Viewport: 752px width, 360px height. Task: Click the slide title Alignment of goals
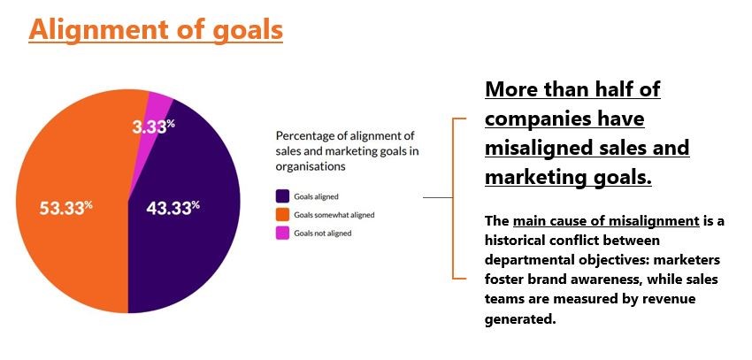click(156, 30)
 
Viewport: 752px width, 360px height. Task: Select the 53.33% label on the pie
click(65, 209)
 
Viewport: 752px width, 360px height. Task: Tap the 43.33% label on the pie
click(173, 208)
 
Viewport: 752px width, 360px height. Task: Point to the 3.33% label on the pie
click(153, 126)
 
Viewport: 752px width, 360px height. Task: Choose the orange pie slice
click(72, 202)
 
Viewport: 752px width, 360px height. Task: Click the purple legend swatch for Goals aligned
click(282, 196)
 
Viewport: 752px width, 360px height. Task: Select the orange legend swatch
click(282, 215)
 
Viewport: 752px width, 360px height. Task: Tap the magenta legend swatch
click(282, 233)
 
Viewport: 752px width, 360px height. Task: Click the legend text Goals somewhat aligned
click(334, 215)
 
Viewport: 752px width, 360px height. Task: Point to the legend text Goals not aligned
click(323, 234)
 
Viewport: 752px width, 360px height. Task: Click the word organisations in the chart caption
click(311, 167)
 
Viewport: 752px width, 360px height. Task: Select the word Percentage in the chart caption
click(303, 136)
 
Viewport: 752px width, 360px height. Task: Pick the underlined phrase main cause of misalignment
click(606, 221)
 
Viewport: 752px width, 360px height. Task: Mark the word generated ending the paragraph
click(520, 319)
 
